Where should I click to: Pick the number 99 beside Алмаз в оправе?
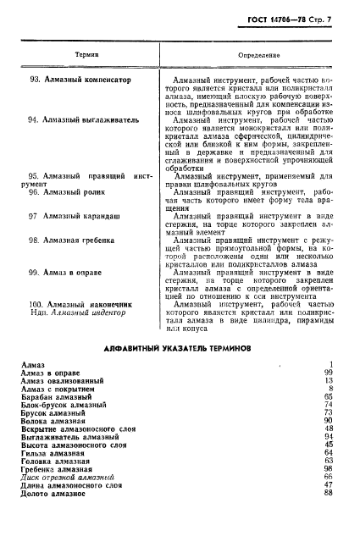(327, 372)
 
